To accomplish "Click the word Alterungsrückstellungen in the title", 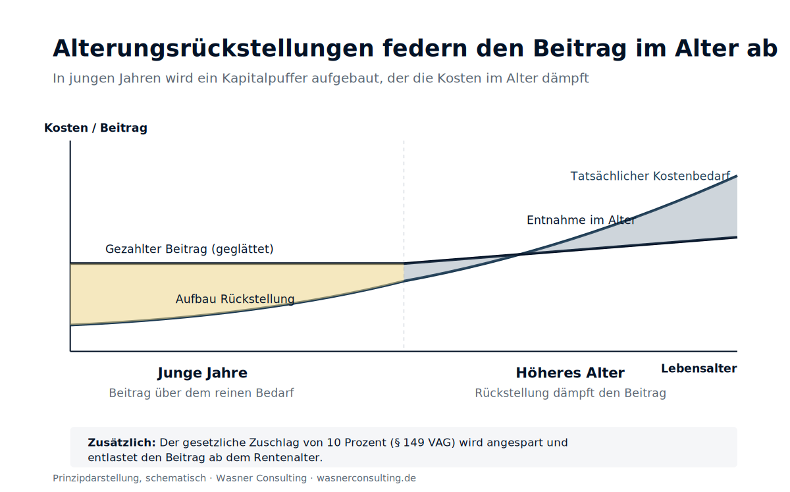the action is click(213, 49).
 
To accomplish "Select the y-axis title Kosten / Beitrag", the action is click(95, 128).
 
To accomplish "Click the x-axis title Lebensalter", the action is click(699, 368).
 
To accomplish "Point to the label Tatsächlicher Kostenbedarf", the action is click(650, 176).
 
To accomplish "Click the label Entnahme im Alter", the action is click(581, 220).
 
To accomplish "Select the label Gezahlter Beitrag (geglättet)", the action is click(190, 249).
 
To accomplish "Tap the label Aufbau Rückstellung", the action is click(235, 299).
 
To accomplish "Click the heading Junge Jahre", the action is click(203, 373).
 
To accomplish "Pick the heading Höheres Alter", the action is click(570, 373).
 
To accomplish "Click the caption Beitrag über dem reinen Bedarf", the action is click(201, 393).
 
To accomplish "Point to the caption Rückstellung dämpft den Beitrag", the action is click(571, 393).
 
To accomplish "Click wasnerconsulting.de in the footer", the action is click(367, 478).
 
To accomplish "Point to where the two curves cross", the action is click(520, 254).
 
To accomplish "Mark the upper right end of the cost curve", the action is click(737, 176).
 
